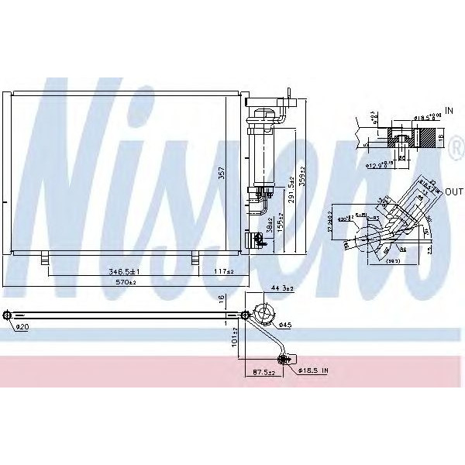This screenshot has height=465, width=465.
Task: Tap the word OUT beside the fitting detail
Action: coord(453,191)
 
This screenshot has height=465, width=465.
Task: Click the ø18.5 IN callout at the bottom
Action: coord(314,372)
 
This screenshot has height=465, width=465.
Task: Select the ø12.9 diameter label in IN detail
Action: coord(377,164)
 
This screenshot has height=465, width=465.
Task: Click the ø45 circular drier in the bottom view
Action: coord(264,315)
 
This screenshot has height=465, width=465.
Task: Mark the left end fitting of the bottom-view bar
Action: coord(7,315)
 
